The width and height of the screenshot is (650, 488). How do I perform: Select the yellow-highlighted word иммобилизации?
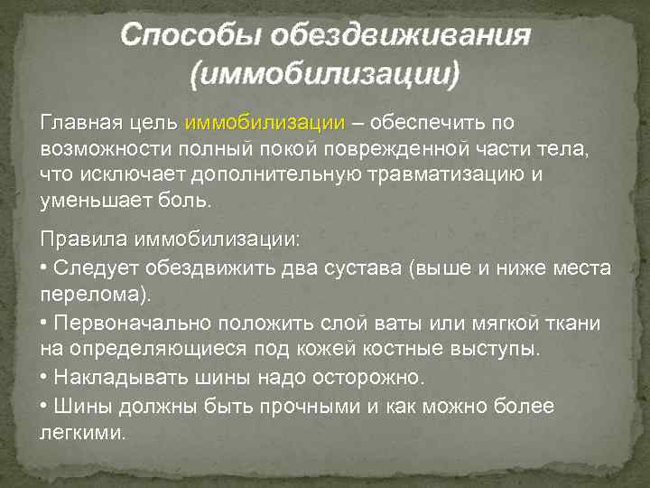tap(265, 123)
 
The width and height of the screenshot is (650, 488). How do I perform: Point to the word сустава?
tap(359, 268)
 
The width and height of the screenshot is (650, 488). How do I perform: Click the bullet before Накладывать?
tap(45, 376)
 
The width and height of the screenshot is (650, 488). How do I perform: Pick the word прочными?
tap(309, 407)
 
